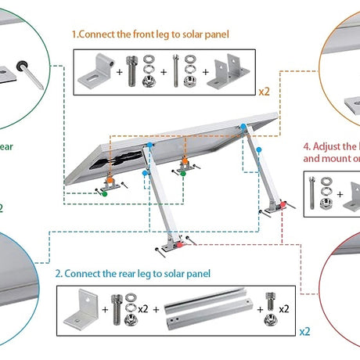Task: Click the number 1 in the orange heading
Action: click(75, 35)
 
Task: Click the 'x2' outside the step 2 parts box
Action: click(304, 331)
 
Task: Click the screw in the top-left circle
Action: click(32, 77)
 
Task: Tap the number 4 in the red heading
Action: click(306, 146)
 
